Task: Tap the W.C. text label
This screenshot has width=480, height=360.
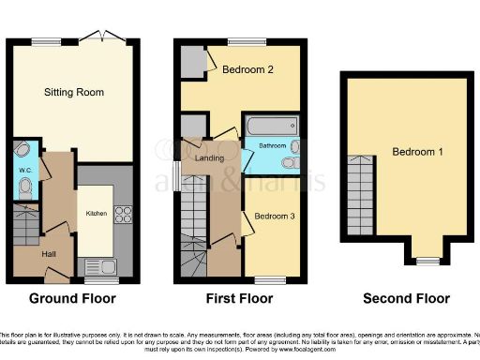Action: tap(24, 170)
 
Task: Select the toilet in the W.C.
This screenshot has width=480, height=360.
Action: tap(25, 189)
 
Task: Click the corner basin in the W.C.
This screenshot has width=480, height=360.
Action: tap(23, 150)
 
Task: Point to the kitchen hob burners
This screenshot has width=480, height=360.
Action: tap(120, 215)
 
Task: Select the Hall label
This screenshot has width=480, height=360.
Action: tap(49, 253)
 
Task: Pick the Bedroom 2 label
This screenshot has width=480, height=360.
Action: tap(248, 69)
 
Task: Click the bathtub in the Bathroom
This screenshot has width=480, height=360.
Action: tap(270, 126)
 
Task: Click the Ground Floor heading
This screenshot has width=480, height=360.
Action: tap(72, 299)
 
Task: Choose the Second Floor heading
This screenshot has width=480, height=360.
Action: tap(407, 299)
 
